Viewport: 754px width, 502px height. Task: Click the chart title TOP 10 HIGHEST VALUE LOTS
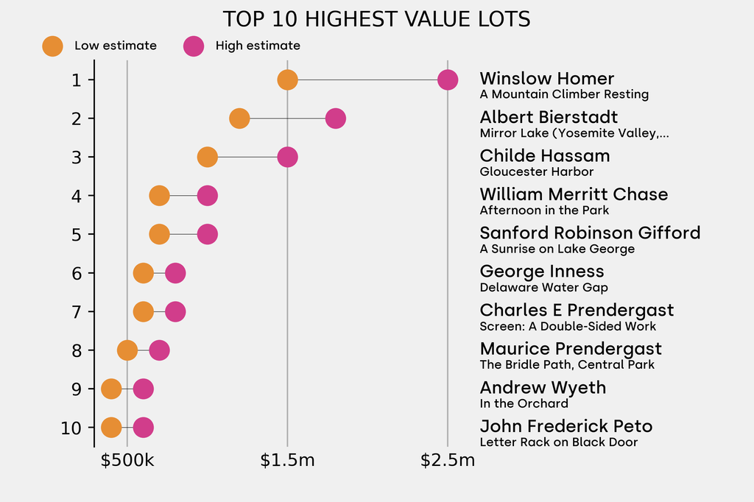point(376,19)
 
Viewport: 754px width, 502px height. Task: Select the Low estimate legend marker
point(52,46)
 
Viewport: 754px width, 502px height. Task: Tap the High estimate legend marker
point(194,46)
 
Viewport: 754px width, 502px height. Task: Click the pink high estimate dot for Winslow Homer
point(448,79)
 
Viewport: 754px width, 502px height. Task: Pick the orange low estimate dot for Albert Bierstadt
point(239,119)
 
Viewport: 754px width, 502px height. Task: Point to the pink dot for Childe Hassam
point(287,157)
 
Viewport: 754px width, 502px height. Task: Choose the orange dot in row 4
point(159,196)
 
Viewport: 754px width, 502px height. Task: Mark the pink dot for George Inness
point(175,273)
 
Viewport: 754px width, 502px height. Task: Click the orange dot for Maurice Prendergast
point(127,350)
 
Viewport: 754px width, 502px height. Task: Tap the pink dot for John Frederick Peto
point(144,428)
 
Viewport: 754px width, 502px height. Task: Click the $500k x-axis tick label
point(127,462)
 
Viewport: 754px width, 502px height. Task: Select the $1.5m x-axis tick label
point(287,462)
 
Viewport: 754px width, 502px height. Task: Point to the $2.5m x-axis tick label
point(448,462)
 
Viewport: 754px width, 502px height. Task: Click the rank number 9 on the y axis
point(77,389)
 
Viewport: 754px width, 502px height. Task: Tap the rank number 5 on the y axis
point(77,234)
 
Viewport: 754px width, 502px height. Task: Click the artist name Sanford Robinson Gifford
point(590,233)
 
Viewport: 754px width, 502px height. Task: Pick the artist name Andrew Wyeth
point(543,388)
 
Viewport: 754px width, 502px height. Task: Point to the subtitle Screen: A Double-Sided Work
point(568,326)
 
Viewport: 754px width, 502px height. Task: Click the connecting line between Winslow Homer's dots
point(367,79)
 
